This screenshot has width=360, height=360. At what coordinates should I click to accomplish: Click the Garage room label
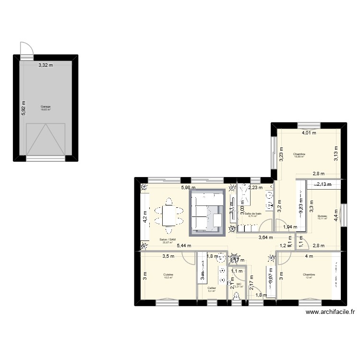(46, 108)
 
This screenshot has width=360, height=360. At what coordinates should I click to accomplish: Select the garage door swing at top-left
(26, 48)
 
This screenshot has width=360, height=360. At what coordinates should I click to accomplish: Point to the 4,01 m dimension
(309, 133)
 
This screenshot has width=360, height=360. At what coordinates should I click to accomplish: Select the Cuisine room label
(168, 276)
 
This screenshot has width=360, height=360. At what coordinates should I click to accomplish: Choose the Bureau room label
(322, 217)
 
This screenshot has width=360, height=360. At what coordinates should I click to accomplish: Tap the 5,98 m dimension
(188, 188)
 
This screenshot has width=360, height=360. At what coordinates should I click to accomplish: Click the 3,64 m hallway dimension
(265, 237)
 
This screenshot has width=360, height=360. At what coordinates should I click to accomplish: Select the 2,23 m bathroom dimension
(255, 188)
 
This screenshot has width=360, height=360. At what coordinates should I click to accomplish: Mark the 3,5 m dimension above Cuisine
(168, 256)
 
